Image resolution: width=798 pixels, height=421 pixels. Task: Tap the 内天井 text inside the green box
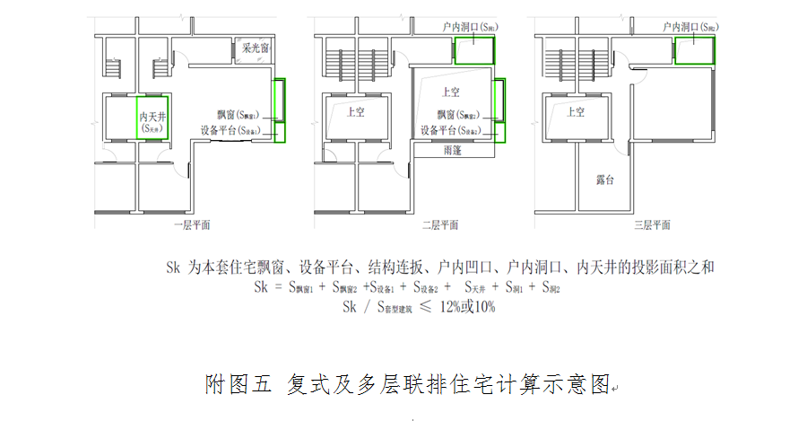(150, 117)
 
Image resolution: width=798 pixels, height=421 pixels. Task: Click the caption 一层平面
(192, 225)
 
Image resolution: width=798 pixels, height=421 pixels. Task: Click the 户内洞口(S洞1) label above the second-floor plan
(470, 28)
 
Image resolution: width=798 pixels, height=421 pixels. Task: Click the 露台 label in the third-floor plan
(605, 180)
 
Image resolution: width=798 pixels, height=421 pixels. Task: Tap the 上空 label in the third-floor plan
(575, 113)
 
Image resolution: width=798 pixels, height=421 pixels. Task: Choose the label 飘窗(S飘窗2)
(458, 116)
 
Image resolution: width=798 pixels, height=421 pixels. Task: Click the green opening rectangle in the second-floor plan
(474, 50)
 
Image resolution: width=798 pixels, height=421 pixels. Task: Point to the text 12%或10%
(466, 307)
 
